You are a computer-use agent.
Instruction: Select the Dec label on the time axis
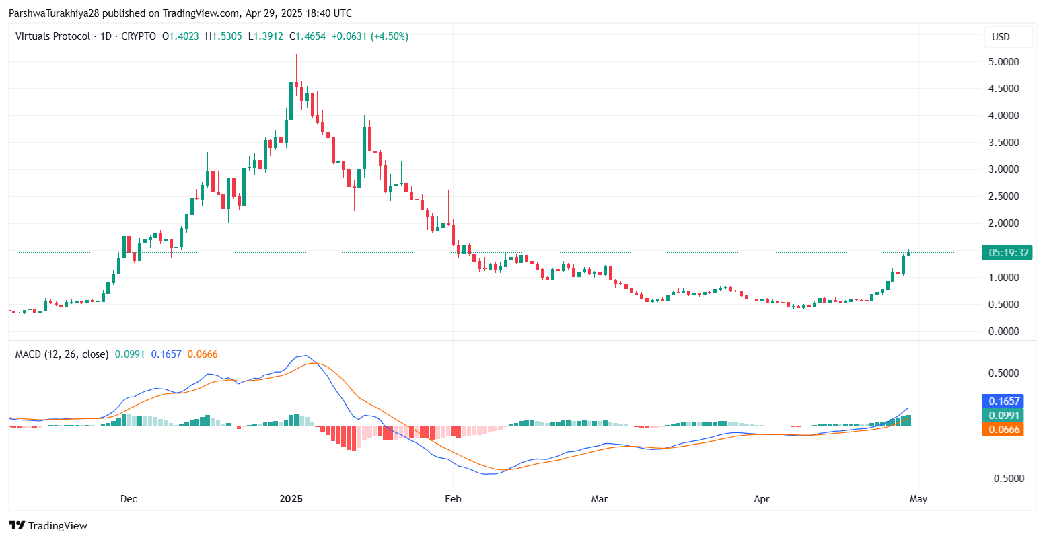tap(129, 499)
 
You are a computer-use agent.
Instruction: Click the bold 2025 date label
tap(291, 499)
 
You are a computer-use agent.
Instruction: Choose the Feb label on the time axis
tap(453, 499)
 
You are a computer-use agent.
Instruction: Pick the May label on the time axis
tap(918, 499)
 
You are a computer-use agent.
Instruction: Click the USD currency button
tap(1001, 37)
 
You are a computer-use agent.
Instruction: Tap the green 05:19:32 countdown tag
tap(1007, 253)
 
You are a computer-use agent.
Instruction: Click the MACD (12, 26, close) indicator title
tap(62, 354)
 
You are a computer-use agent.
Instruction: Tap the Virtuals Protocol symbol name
tap(52, 36)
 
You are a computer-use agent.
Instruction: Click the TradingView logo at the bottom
tap(48, 525)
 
